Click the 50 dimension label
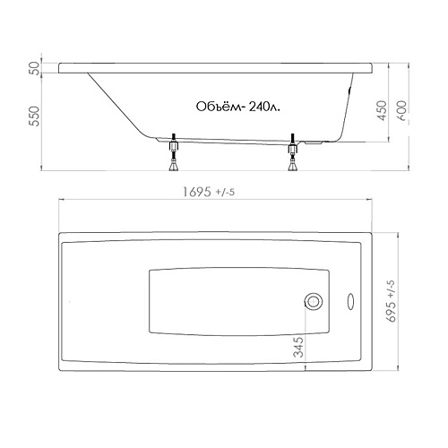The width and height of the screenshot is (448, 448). (x=36, y=68)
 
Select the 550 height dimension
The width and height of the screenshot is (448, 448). (x=35, y=116)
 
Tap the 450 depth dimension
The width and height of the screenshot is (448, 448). (x=383, y=110)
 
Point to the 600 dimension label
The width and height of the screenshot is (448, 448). (x=402, y=110)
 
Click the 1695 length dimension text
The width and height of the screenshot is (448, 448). (x=196, y=192)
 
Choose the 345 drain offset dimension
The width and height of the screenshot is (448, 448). (x=298, y=347)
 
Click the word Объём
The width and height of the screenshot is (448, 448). (x=219, y=107)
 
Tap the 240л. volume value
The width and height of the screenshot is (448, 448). (x=264, y=107)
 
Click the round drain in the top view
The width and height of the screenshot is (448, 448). (x=314, y=301)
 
